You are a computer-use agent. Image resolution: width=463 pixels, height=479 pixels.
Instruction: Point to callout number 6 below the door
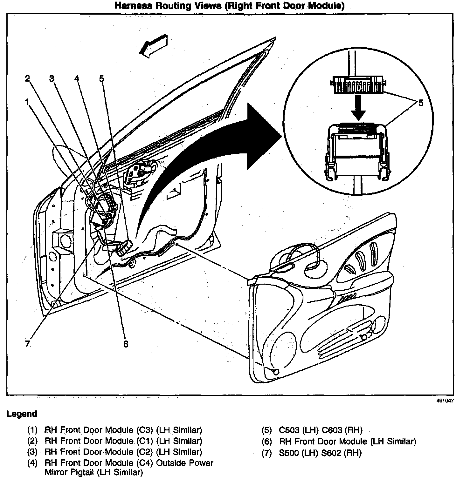(126, 344)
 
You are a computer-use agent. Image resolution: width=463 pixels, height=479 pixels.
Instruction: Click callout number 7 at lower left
(28, 344)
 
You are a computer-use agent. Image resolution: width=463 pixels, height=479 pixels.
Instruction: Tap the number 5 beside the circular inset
(421, 103)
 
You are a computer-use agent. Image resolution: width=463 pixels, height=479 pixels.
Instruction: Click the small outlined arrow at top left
(154, 46)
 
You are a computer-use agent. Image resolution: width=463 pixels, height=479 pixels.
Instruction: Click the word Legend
(22, 414)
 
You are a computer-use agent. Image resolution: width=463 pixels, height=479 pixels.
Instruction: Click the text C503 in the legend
(291, 430)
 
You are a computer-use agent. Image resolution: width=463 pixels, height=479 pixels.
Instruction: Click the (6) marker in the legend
(267, 442)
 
